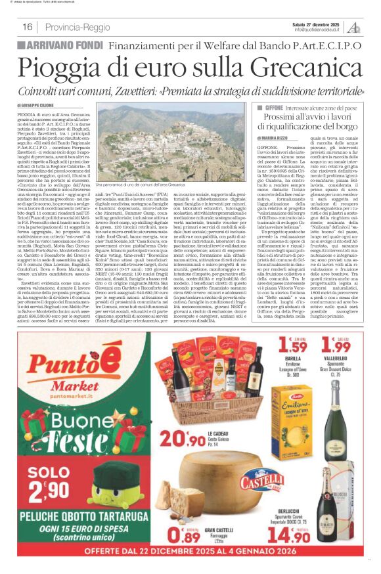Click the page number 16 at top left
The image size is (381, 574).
tap(27, 27)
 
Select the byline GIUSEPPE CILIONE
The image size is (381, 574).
tap(40, 105)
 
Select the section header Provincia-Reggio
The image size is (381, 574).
tap(78, 27)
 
